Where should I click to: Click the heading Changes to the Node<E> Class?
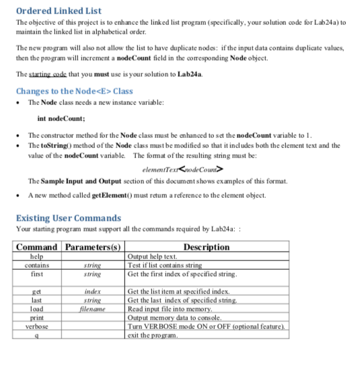74,91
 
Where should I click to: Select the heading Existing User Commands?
68,218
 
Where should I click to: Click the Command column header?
38,247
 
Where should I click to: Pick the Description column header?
206,247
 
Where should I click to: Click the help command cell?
38,256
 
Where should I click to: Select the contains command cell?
38,265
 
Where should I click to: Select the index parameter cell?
92,291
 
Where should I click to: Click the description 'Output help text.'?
152,256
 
